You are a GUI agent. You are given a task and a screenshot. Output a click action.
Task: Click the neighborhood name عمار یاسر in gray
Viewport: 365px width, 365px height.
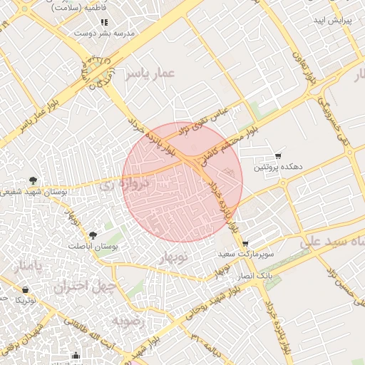150,73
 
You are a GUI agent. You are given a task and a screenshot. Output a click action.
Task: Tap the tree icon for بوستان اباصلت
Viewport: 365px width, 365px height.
93,235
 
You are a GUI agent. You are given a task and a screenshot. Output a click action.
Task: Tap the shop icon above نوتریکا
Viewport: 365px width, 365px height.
26,290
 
